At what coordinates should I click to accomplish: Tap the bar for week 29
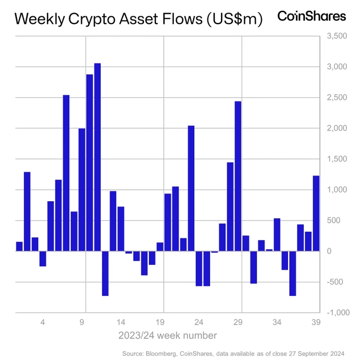[238, 176]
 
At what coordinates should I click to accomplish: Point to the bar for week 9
[82, 190]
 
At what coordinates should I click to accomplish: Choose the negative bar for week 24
[199, 268]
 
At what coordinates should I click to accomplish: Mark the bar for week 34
[277, 235]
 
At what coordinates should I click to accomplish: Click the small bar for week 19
[160, 247]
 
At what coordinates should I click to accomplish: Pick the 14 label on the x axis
[121, 322]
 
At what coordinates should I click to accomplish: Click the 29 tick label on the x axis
[238, 322]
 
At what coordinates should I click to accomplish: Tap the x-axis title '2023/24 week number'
[167, 335]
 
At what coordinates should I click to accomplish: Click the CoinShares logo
[311, 16]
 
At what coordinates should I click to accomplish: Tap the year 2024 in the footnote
[337, 354]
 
